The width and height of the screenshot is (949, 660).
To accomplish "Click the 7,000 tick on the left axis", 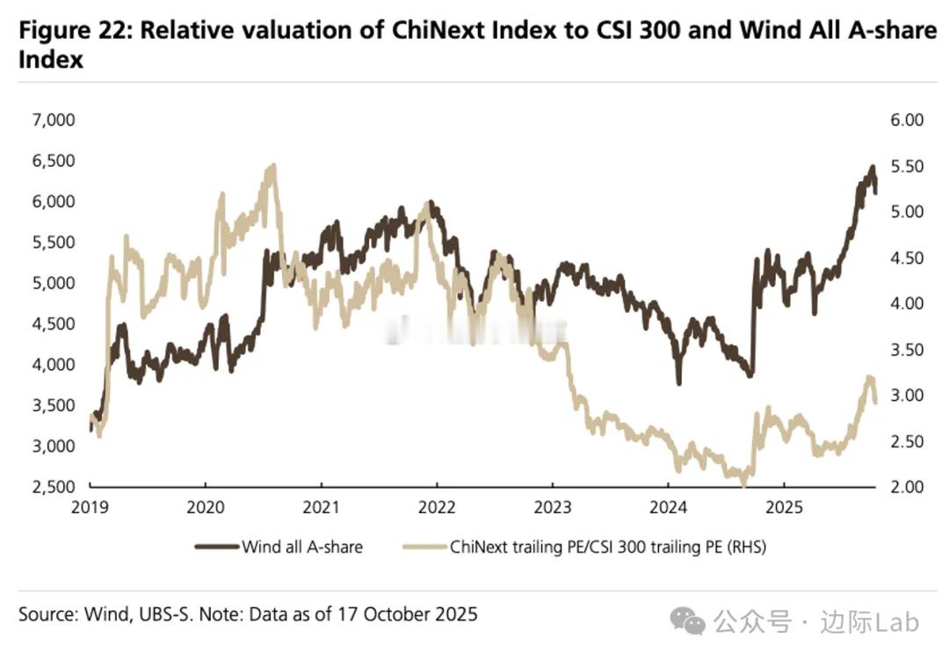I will (54, 120).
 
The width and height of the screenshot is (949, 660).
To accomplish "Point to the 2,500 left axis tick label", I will (54, 487).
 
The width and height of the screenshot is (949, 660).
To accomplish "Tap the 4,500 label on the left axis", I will (54, 323).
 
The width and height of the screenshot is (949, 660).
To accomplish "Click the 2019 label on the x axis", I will (91, 507).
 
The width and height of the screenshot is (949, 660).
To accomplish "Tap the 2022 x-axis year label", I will (437, 507).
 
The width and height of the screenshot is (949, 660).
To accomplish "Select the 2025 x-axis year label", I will (783, 507).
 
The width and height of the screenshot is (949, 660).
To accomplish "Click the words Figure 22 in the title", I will (74, 30).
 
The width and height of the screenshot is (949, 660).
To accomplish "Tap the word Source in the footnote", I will (47, 613).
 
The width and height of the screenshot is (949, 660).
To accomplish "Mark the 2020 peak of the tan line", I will (272, 166).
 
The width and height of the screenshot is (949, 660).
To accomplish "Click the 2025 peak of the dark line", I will (872, 167).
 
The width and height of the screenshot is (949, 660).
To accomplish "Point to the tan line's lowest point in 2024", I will (743, 482).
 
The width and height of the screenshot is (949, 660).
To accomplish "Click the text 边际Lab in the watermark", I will (870, 622).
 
